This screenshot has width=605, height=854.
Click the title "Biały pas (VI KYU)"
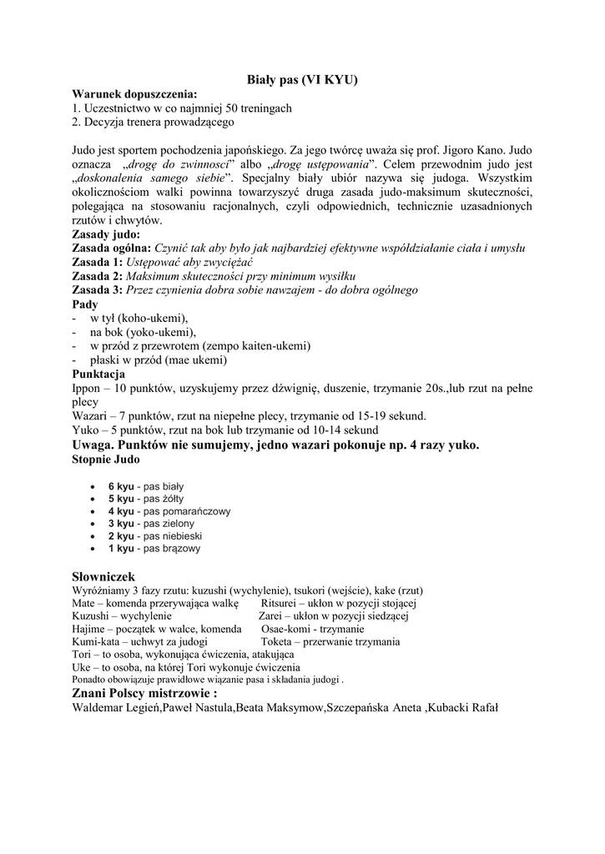pos(302,80)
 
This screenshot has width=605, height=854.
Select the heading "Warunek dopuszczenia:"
pos(134,94)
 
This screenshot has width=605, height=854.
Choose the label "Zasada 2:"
pos(97,276)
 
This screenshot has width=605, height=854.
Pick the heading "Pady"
pos(84,304)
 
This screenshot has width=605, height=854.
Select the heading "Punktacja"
pos(98,374)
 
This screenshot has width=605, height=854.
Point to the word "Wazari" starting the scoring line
pos(90,416)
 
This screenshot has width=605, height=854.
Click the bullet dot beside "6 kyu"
pos(91,485)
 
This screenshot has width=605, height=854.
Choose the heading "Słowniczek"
pos(103,576)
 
